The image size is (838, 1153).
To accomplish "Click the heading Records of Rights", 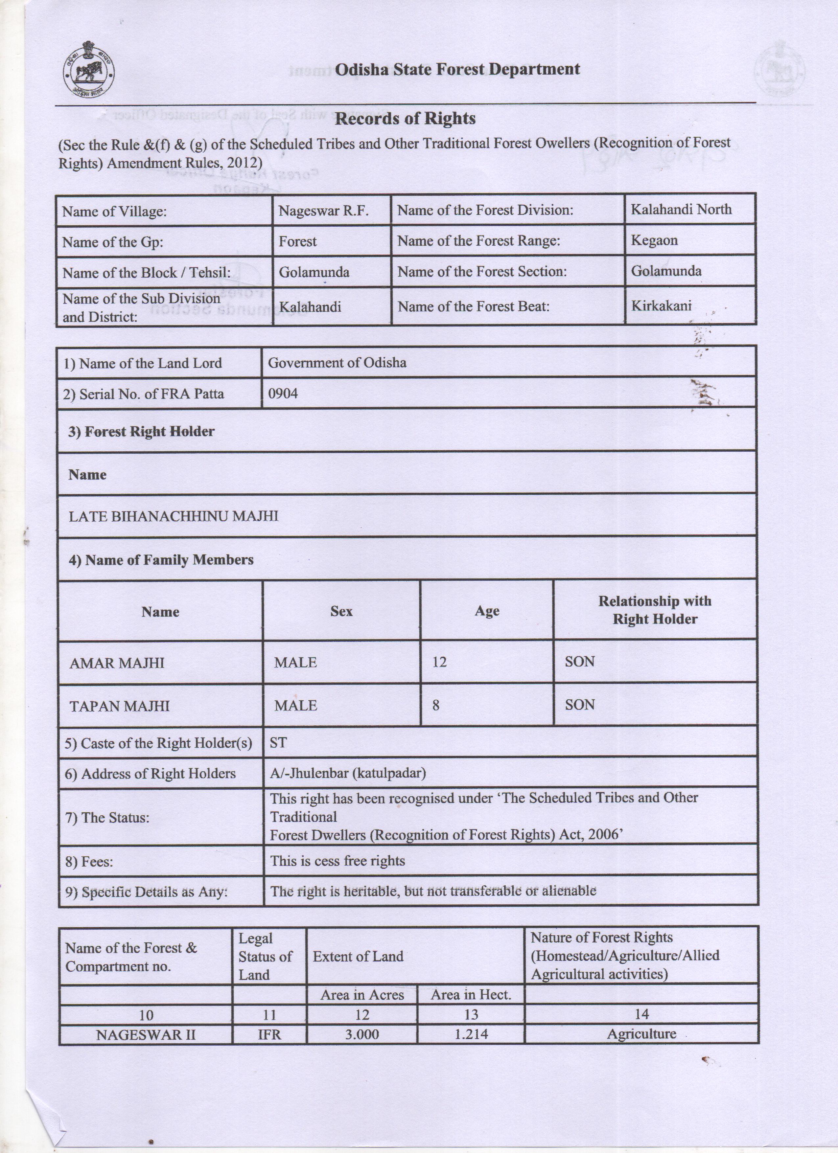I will (x=405, y=119).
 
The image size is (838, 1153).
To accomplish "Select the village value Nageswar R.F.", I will (x=323, y=211).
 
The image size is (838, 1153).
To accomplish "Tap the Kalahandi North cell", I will (x=681, y=210).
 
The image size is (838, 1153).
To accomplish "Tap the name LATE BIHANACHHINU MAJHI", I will (x=174, y=516).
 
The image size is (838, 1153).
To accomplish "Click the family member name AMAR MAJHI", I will (x=117, y=663).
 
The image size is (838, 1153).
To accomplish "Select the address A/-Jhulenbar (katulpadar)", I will (x=348, y=774).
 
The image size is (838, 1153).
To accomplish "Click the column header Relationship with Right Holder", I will (x=654, y=610).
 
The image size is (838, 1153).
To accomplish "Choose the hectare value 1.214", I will (x=471, y=1034).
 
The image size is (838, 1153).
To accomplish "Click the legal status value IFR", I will (x=269, y=1034).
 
